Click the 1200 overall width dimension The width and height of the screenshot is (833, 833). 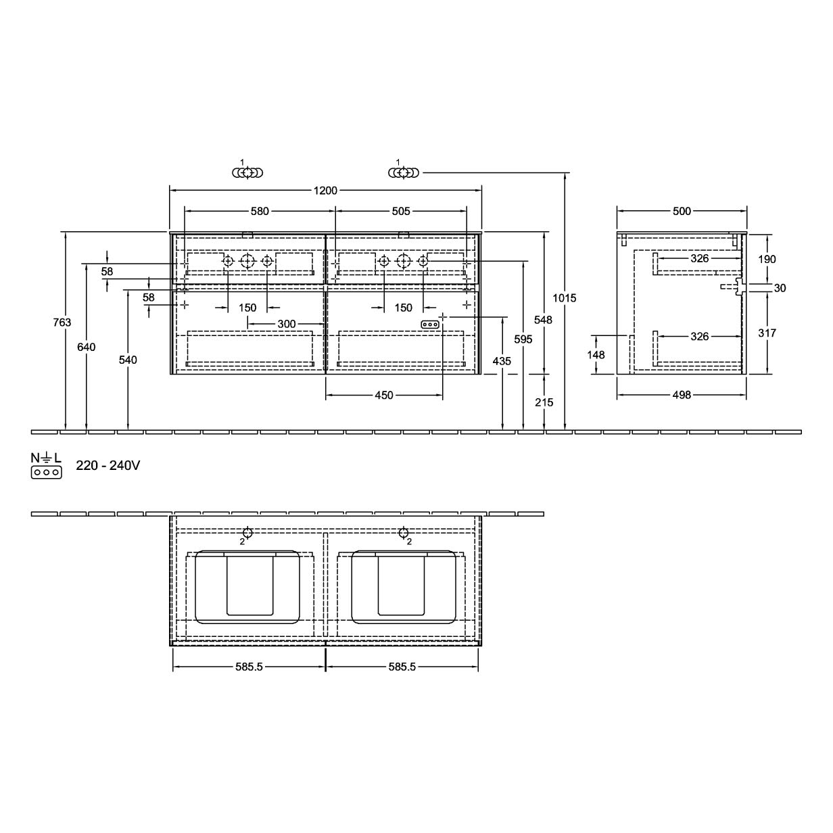(x=325, y=190)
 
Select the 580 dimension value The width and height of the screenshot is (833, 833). (x=260, y=211)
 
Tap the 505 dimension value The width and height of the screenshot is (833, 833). (x=401, y=211)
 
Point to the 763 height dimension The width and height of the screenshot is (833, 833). (x=62, y=322)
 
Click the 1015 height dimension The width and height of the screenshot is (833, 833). (x=565, y=298)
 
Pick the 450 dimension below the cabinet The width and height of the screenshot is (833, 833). (x=384, y=395)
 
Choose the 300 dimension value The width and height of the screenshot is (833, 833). (x=287, y=324)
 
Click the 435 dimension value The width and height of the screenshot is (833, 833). (x=502, y=361)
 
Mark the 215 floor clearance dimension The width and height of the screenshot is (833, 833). (x=544, y=402)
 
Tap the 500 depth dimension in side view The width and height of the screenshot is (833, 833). (x=682, y=211)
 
